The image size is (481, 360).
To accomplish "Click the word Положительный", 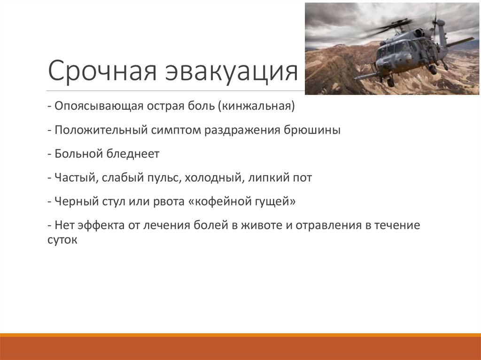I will [101, 130].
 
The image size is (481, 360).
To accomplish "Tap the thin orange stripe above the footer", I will [240, 335].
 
